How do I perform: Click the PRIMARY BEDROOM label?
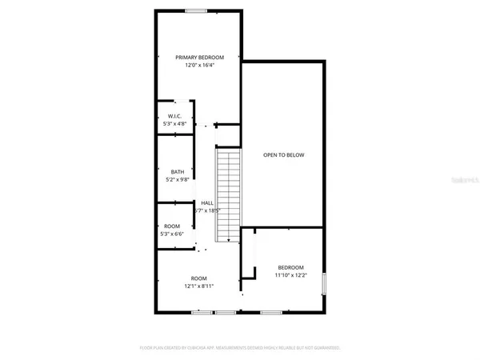pyautogui.click(x=199, y=58)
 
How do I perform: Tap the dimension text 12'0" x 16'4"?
pyautogui.click(x=199, y=66)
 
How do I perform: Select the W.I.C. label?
pyautogui.click(x=176, y=115)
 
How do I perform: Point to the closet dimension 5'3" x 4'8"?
pyautogui.click(x=176, y=124)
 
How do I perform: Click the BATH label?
pyautogui.click(x=177, y=171)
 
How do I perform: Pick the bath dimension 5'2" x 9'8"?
pyautogui.click(x=177, y=179)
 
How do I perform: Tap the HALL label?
pyautogui.click(x=207, y=203)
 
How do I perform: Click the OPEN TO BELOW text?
pyautogui.click(x=284, y=155)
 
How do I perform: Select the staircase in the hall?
pyautogui.click(x=229, y=193)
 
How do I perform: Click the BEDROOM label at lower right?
pyautogui.click(x=290, y=267)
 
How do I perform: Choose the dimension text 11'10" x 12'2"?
pyautogui.click(x=290, y=275)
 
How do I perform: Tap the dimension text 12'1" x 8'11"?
pyautogui.click(x=198, y=286)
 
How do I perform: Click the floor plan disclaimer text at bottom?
pyautogui.click(x=240, y=348)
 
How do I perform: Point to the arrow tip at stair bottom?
pyautogui.click(x=230, y=241)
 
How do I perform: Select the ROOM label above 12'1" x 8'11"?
pyautogui.click(x=198, y=278)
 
